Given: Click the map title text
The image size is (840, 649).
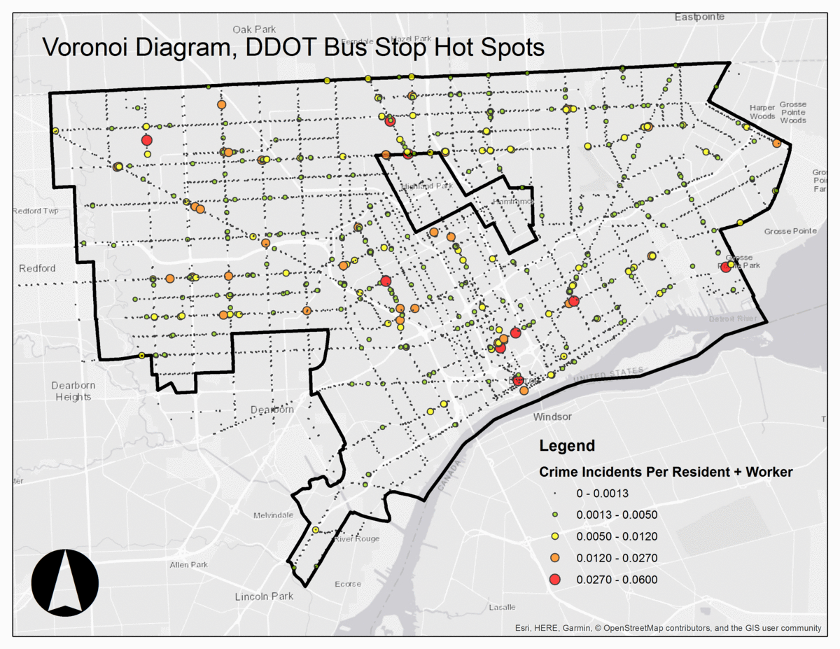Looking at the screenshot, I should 293,48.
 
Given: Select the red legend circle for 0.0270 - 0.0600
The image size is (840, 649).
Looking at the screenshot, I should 555,580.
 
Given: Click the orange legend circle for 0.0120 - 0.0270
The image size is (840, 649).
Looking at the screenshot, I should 555,558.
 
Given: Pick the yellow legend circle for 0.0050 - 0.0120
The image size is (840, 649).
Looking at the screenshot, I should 555,536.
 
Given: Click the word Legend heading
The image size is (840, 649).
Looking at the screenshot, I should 567,446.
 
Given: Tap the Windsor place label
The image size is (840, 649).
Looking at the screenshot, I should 552,417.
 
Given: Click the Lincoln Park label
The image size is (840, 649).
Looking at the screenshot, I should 264,596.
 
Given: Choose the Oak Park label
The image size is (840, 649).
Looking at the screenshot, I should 251,29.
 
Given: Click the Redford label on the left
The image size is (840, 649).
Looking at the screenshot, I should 37,268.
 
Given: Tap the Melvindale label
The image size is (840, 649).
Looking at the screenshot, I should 273,515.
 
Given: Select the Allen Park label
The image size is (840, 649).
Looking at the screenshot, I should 189,565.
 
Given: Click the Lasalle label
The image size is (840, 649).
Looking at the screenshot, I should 501,607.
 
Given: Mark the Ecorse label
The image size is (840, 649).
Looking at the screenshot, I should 348,584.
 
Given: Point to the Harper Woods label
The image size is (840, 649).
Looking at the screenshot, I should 762,112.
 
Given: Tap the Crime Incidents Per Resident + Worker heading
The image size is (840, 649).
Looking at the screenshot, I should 666,473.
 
